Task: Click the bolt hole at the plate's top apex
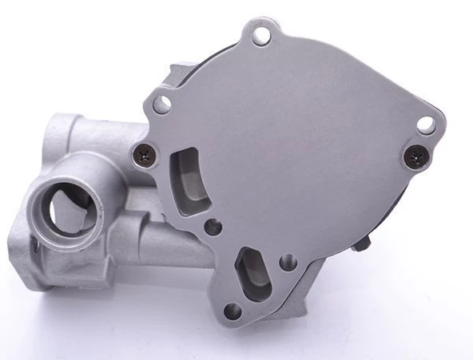(260, 34)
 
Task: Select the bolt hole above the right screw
(426, 125)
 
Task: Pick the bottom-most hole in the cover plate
(232, 311)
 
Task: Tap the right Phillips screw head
(414, 158)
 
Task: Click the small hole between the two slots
(213, 227)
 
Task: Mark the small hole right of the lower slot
(289, 262)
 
